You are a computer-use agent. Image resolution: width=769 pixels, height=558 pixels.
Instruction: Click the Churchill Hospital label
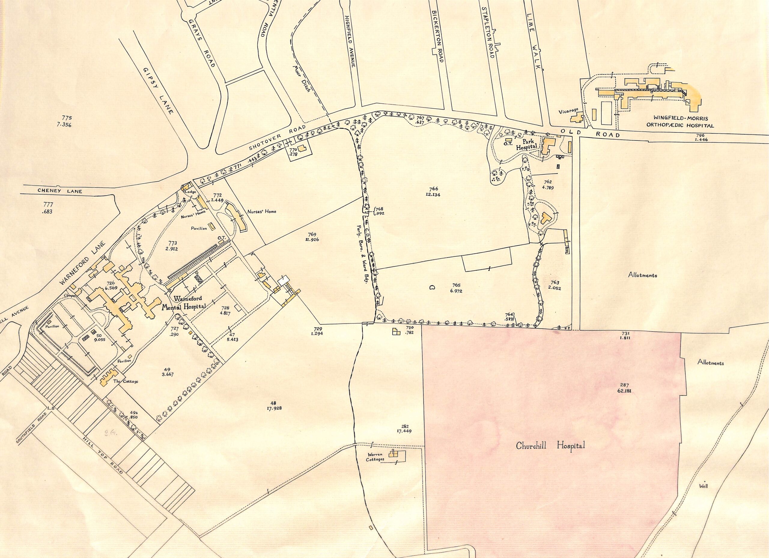click(550, 446)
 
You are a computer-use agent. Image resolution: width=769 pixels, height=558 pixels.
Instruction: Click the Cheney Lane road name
click(60, 192)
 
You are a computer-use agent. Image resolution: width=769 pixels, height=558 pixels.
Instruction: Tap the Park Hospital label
click(527, 144)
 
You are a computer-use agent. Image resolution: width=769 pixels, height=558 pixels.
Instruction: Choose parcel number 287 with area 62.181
click(624, 387)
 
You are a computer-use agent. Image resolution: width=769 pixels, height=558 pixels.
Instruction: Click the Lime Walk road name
click(533, 42)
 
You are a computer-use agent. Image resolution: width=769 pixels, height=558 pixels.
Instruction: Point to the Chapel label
click(71, 296)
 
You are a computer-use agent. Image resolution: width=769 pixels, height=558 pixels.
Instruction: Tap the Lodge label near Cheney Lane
click(190, 192)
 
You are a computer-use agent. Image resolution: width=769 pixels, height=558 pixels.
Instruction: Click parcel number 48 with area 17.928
click(274, 405)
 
